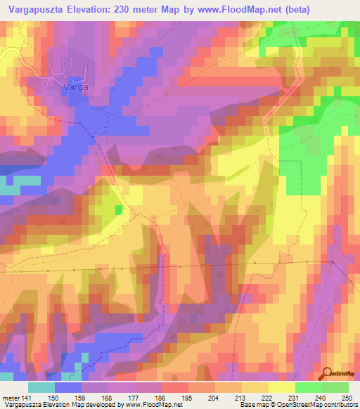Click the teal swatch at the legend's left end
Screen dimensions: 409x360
click(41, 387)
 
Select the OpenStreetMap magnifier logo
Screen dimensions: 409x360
click(326, 374)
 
